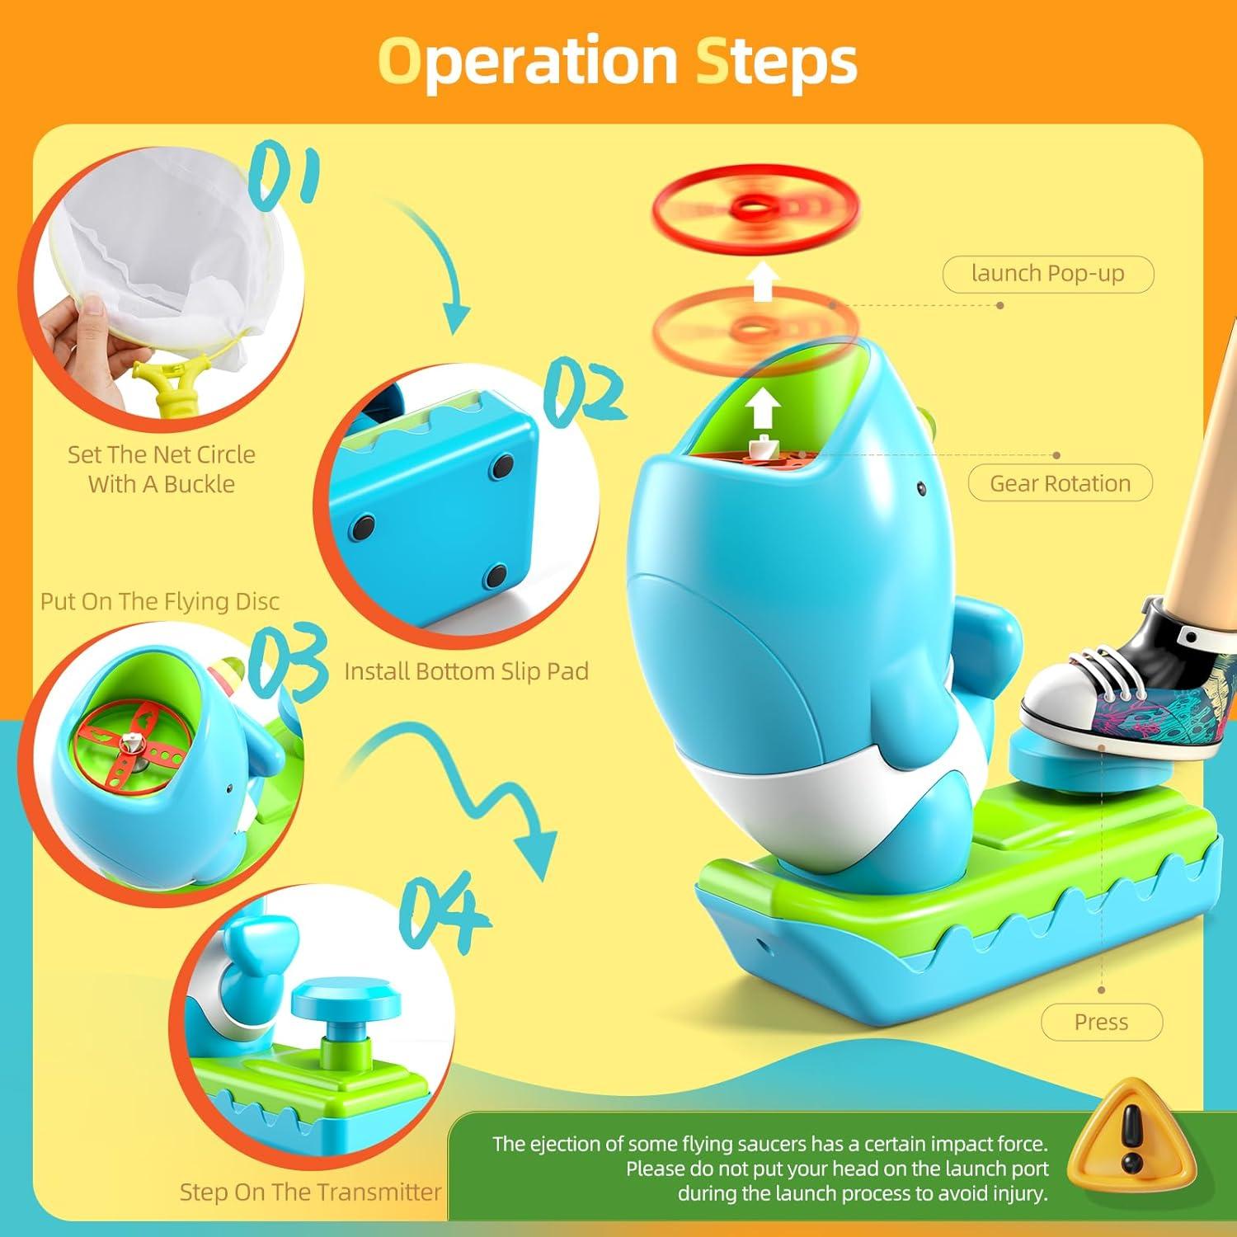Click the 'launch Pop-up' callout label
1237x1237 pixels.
pyautogui.click(x=1047, y=274)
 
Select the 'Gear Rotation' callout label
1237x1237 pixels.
pyautogui.click(x=1060, y=483)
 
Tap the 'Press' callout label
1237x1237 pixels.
pyautogui.click(x=1101, y=1023)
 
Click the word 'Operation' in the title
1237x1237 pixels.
pyautogui.click(x=527, y=62)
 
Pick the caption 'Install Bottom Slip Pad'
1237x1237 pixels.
pyautogui.click(x=466, y=671)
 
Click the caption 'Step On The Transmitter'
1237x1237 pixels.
pyautogui.click(x=310, y=1192)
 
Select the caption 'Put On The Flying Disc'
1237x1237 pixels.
pyautogui.click(x=160, y=601)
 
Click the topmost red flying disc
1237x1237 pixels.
pyautogui.click(x=755, y=206)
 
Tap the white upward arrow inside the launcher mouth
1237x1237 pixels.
pyautogui.click(x=764, y=409)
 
